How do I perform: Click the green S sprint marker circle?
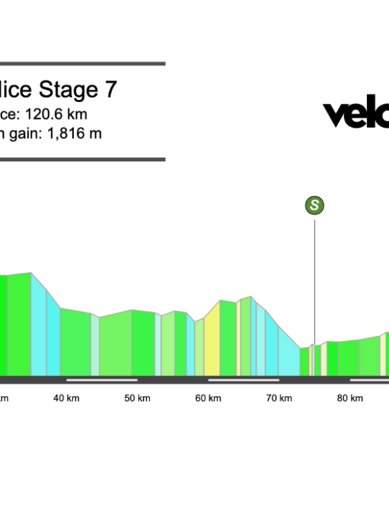pos(315,205)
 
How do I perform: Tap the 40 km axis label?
pos(66,398)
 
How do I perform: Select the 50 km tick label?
pos(137,398)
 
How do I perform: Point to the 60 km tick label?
pos(208,398)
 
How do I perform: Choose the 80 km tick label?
pos(349,398)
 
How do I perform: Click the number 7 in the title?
pos(111,90)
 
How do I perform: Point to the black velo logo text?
pos(355,114)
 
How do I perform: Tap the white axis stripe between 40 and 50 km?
pos(102,380)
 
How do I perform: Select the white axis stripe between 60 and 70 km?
pos(243,380)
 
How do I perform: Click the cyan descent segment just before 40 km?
pos(52,336)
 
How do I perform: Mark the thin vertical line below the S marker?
pos(315,282)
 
